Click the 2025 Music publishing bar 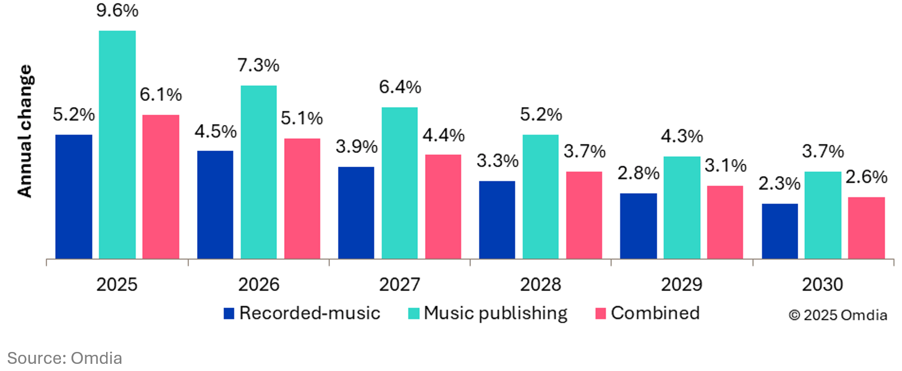point(117,145)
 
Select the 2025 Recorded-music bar point(74,197)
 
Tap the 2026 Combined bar point(302,199)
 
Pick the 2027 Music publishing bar point(399,183)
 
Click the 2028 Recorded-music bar point(497,220)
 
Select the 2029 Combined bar point(725,222)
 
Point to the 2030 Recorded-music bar point(780,231)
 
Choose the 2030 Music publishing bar point(823,215)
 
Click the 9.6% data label point(117,10)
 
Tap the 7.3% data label point(258,65)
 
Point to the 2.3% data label point(779,183)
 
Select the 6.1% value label point(161,95)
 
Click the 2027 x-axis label point(399,284)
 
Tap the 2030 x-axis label point(823,284)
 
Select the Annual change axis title point(25,131)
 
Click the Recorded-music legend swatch point(229,313)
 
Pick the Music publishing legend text point(496,313)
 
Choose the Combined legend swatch point(601,313)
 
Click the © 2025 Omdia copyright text point(838,315)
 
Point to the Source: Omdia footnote point(65,358)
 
